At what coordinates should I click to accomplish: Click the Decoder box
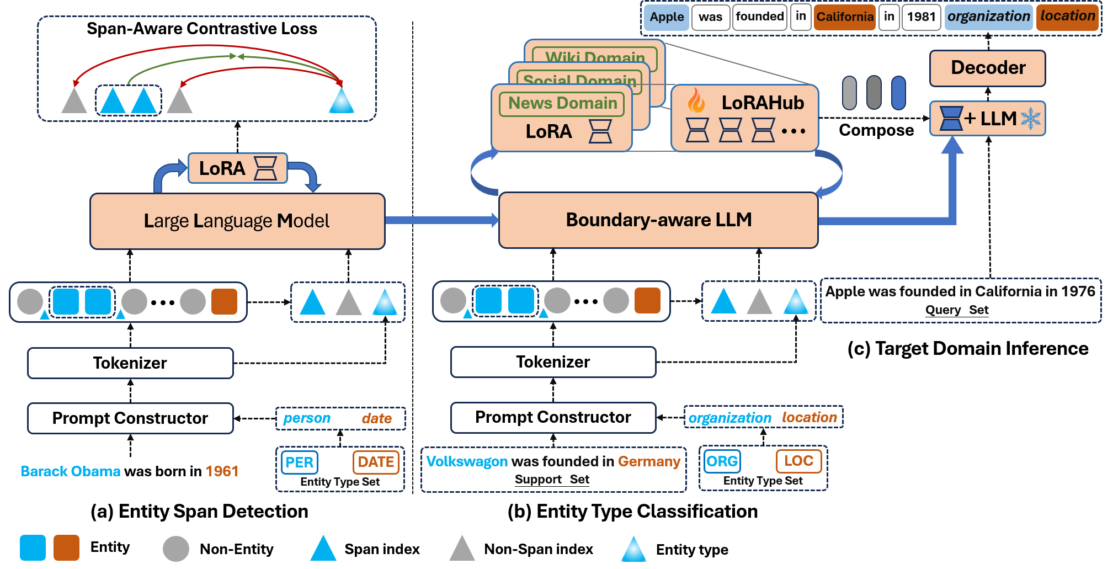(x=987, y=68)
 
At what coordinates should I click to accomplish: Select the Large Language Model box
(x=237, y=221)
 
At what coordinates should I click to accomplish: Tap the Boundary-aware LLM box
(x=658, y=220)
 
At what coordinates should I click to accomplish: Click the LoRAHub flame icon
(x=696, y=101)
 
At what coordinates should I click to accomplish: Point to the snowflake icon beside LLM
(x=1030, y=119)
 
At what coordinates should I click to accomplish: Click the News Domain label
(x=562, y=104)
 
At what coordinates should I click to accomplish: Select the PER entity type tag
(x=300, y=462)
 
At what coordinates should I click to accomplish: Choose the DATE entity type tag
(x=376, y=461)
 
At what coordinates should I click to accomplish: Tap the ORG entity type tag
(x=722, y=461)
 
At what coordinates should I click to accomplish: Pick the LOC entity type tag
(x=798, y=461)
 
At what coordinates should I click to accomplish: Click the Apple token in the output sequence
(x=667, y=17)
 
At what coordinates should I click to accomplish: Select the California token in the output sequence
(x=844, y=17)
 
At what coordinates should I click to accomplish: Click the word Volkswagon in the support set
(x=467, y=461)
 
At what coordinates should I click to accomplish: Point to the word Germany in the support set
(x=649, y=461)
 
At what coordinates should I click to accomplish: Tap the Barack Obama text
(x=71, y=471)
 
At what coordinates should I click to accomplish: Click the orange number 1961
(x=222, y=471)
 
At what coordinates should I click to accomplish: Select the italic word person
(x=307, y=418)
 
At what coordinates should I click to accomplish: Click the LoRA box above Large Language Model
(x=237, y=168)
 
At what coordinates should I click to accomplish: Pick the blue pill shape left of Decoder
(x=898, y=93)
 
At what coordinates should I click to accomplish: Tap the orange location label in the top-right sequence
(x=1067, y=16)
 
